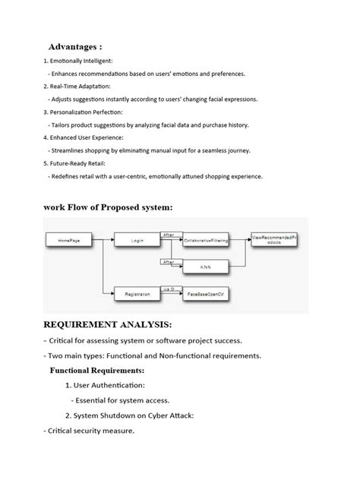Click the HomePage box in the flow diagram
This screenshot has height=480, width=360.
tap(69, 240)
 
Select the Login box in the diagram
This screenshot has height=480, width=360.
tap(137, 240)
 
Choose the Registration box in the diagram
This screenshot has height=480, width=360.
tap(137, 292)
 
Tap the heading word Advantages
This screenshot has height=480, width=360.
tap(75, 46)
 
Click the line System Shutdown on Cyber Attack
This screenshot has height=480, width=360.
tap(141, 415)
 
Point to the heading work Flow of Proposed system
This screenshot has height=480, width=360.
tap(109, 207)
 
